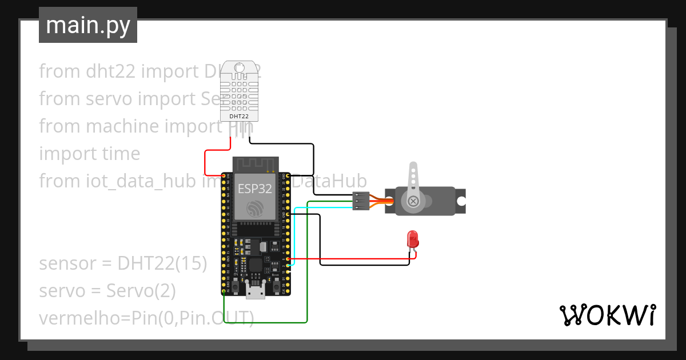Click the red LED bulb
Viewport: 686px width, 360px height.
[412, 238]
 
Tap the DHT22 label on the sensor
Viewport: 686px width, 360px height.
[239, 116]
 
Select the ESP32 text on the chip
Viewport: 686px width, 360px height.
[255, 190]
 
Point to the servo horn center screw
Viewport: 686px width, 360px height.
[412, 201]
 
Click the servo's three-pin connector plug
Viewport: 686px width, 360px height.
[360, 201]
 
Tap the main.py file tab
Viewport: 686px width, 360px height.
[88, 25]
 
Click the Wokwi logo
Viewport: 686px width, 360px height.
[607, 315]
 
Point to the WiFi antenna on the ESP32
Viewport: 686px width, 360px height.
[255, 165]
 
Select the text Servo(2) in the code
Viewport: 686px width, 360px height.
[141, 291]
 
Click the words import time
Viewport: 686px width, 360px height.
[89, 154]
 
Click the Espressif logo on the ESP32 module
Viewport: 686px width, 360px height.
[255, 209]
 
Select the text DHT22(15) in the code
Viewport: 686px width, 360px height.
[162, 263]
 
